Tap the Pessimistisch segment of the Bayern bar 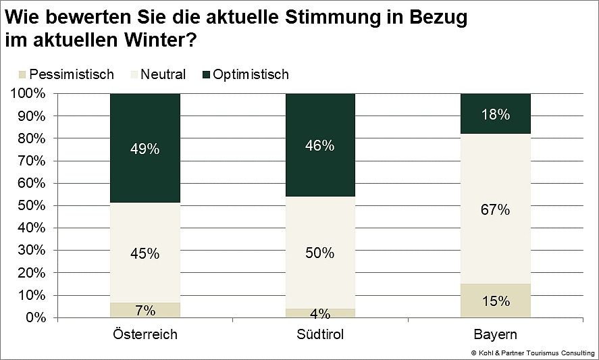pyautogui.click(x=496, y=301)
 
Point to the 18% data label pyautogui.click(x=496, y=115)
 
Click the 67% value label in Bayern pyautogui.click(x=496, y=210)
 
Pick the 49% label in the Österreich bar pyautogui.click(x=145, y=149)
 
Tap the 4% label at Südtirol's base pyautogui.click(x=320, y=314)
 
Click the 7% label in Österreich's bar pyautogui.click(x=145, y=311)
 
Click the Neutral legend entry pyautogui.click(x=162, y=74)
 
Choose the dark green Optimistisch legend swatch pyautogui.click(x=206, y=74)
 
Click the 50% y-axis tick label pyautogui.click(x=31, y=205)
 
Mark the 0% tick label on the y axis pyautogui.click(x=34, y=317)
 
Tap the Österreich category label pyautogui.click(x=145, y=335)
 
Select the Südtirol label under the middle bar pyautogui.click(x=320, y=335)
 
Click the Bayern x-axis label pyautogui.click(x=496, y=335)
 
